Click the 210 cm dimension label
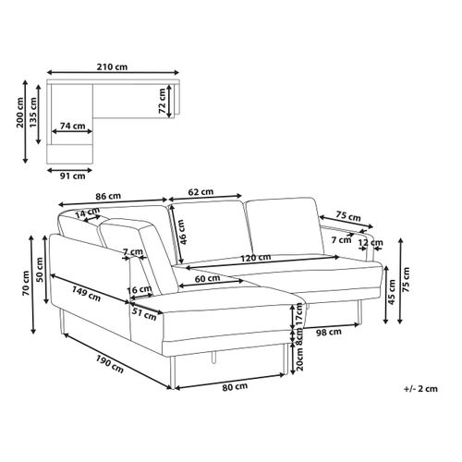(x=112, y=67)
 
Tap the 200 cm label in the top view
(x=20, y=113)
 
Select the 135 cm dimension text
(x=32, y=112)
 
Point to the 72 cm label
(x=162, y=101)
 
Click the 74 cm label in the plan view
(x=73, y=126)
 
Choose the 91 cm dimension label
(x=72, y=176)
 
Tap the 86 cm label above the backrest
(x=108, y=196)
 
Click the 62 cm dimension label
(x=201, y=192)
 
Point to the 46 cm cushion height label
(x=182, y=232)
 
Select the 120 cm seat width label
(x=256, y=258)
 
